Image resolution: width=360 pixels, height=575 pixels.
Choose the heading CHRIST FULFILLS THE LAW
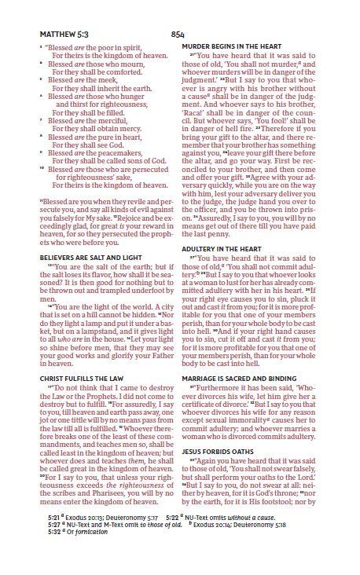click(x=79, y=399)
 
